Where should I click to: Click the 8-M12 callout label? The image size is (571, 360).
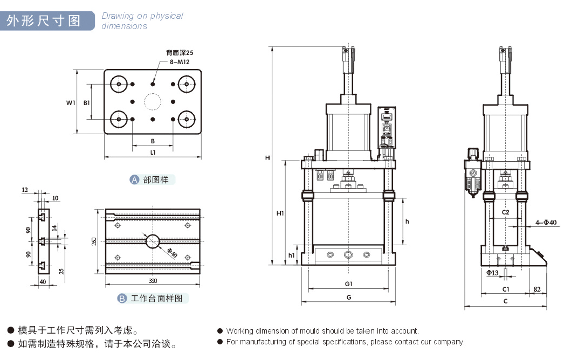click(x=180, y=62)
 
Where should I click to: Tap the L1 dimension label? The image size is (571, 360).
click(x=153, y=153)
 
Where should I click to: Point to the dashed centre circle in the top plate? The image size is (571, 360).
click(x=153, y=101)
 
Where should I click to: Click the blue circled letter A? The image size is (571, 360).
click(x=135, y=179)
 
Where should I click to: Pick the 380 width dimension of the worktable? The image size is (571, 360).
click(x=153, y=281)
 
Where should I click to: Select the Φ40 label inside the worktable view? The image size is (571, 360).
click(x=171, y=251)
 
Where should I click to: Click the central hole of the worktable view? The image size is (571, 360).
click(x=152, y=241)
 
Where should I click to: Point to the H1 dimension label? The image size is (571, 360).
click(x=280, y=213)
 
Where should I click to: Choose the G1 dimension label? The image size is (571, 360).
click(x=348, y=283)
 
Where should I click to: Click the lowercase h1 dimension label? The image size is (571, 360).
click(x=292, y=255)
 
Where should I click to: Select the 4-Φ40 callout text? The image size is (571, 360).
click(x=546, y=222)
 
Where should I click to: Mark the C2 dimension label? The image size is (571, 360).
click(x=506, y=212)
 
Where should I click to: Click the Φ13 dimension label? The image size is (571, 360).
click(x=492, y=273)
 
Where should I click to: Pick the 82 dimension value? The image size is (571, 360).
click(x=537, y=289)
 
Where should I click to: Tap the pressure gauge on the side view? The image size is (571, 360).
click(x=473, y=174)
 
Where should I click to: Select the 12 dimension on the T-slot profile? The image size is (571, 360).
click(x=25, y=190)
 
